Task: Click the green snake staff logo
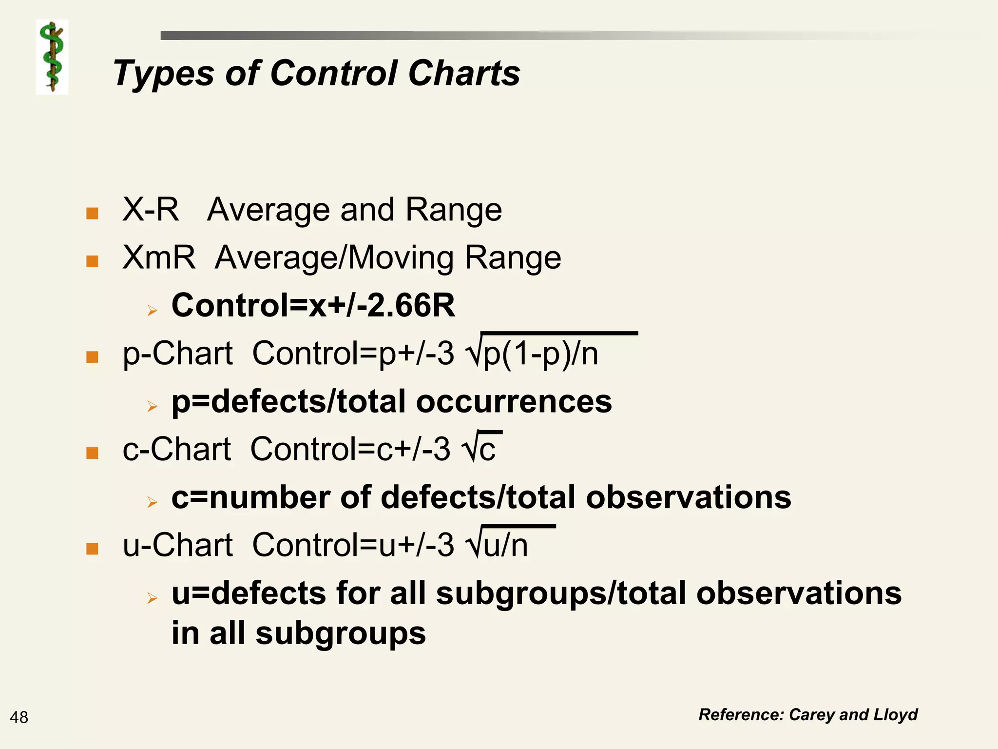click(x=52, y=57)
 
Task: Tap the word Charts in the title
click(x=464, y=74)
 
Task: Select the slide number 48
click(x=19, y=717)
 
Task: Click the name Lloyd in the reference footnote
click(x=895, y=714)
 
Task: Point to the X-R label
click(x=151, y=210)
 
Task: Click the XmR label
click(x=159, y=257)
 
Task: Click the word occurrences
click(x=514, y=401)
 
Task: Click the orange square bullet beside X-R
click(x=92, y=213)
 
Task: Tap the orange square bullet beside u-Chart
click(x=92, y=549)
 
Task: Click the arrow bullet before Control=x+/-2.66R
click(x=153, y=310)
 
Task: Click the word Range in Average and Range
click(x=453, y=210)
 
